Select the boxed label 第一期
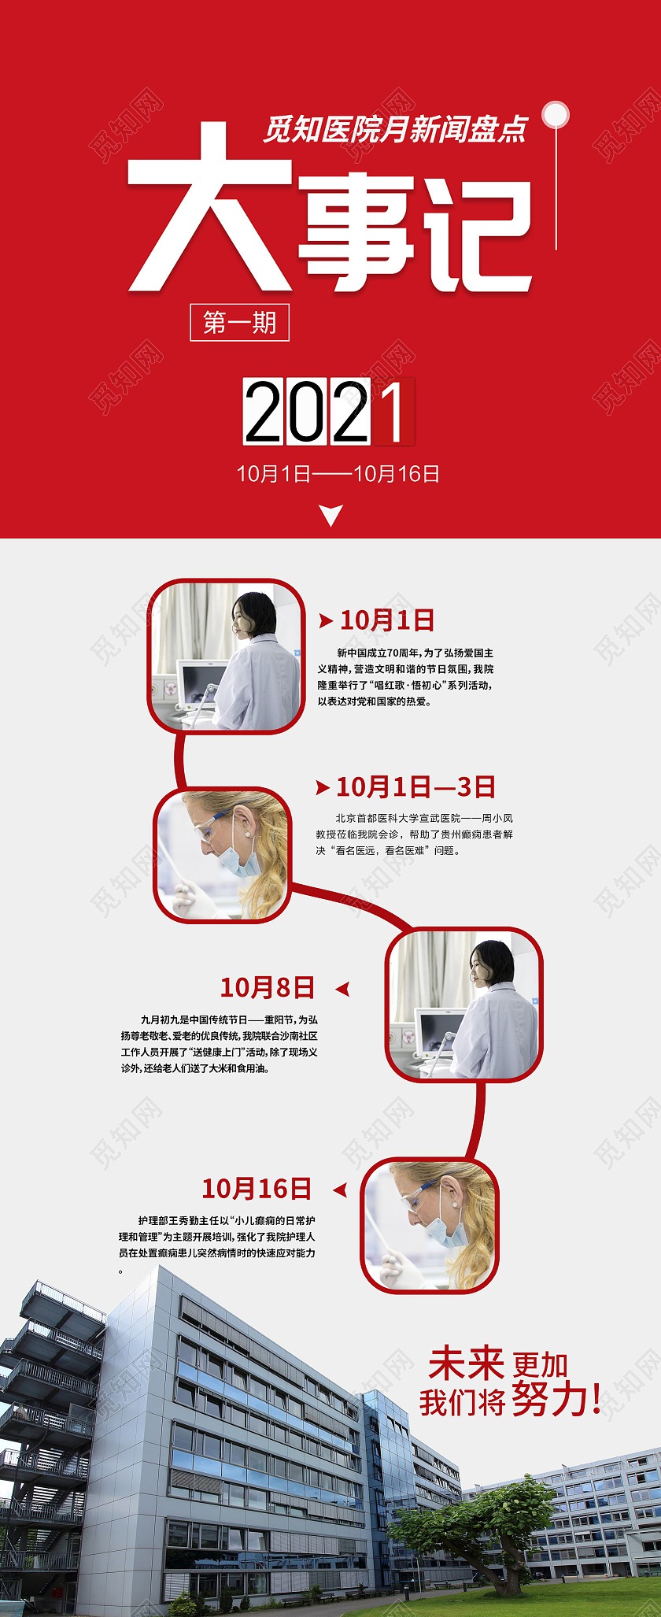[x=239, y=322]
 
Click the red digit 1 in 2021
[x=393, y=411]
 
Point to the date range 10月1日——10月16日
[x=338, y=474]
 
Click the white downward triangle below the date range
[x=331, y=516]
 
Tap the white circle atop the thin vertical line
[x=556, y=114]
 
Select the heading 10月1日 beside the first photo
[x=386, y=620]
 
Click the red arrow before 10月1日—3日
[x=322, y=787]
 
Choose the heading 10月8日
[x=267, y=987]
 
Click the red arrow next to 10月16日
[x=340, y=1190]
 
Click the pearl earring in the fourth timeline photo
[x=456, y=1204]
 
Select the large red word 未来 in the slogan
[x=466, y=1364]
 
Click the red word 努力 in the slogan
[x=548, y=1400]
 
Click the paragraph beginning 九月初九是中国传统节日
[x=219, y=1044]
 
